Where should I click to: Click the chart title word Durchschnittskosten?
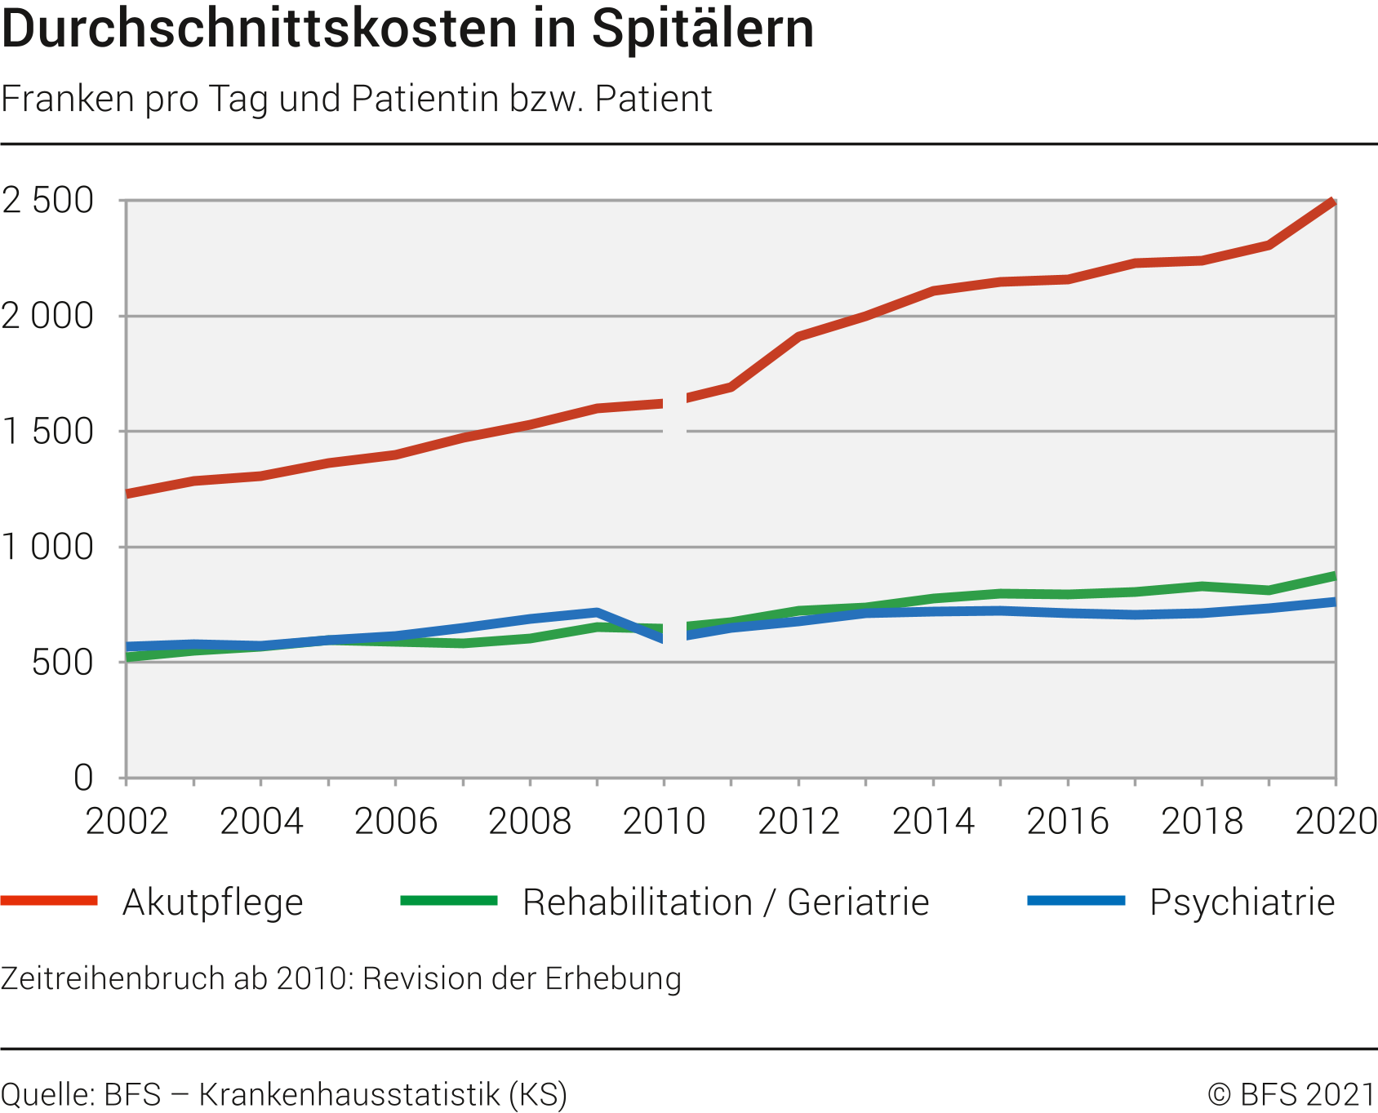(260, 29)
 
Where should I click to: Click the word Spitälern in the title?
(703, 29)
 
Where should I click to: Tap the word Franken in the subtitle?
(68, 99)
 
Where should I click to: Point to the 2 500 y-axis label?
(48, 201)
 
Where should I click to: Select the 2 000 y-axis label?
(48, 317)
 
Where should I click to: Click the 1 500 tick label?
(48, 432)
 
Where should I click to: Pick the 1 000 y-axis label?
(48, 547)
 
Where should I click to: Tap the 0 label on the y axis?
(83, 778)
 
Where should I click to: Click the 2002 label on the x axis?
(127, 821)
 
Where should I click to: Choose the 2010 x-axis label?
(664, 821)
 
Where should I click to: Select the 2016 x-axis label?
(1067, 821)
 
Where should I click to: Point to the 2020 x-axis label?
(1336, 821)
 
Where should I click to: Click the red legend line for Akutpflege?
(49, 901)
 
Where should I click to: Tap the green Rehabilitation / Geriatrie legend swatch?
(449, 901)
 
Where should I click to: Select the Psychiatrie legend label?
(1242, 902)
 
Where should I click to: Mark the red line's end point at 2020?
(1333, 202)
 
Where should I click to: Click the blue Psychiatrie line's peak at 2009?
(598, 612)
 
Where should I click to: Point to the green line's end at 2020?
(1333, 577)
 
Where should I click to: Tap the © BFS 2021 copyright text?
(1291, 1094)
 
